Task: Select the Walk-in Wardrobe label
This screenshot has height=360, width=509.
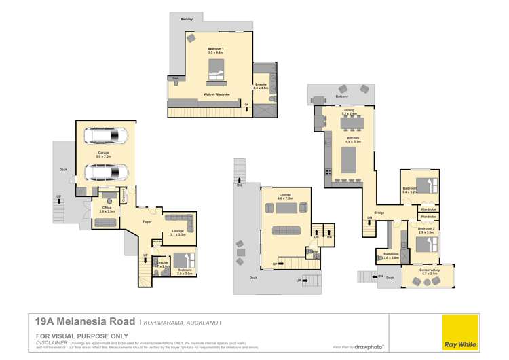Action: point(214,94)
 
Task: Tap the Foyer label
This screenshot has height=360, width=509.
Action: point(147,222)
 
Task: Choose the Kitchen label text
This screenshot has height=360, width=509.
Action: point(353,138)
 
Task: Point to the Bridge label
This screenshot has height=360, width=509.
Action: point(379,212)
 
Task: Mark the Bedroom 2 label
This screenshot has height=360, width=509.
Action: point(426,229)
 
